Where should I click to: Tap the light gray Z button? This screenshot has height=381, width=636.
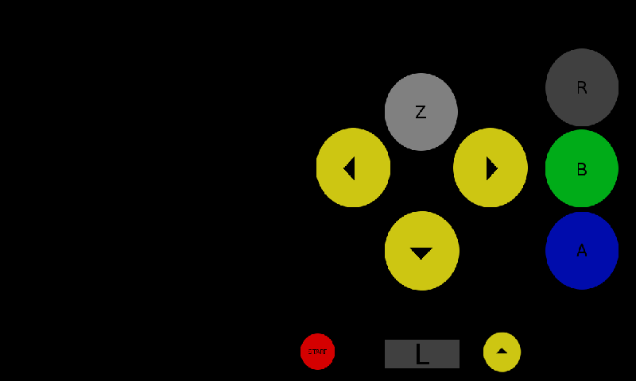pos(421,112)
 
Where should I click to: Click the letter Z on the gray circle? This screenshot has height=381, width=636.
pos(421,113)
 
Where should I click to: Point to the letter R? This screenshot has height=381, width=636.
pos(582,88)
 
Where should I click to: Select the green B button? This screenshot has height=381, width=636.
pos(582,168)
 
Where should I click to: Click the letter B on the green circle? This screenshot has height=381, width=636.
pos(582,169)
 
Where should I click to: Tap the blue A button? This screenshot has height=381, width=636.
pos(582,251)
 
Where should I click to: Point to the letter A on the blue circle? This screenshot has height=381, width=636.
pos(582,251)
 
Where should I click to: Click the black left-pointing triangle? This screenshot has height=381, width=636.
pos(349,168)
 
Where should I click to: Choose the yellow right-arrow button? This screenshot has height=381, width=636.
pos(491,167)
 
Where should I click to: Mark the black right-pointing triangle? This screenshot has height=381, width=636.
pos(491,168)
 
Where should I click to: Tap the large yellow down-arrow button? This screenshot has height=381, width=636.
pos(422,251)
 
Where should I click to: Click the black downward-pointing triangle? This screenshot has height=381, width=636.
pos(421,253)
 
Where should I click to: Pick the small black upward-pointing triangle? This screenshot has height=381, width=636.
pos(502,351)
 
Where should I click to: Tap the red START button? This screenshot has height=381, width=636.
pos(318,352)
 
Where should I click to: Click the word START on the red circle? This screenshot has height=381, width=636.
pos(318,351)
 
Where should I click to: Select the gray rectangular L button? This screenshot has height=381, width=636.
pos(422,354)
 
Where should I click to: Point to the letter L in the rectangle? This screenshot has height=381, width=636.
pos(422,355)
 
